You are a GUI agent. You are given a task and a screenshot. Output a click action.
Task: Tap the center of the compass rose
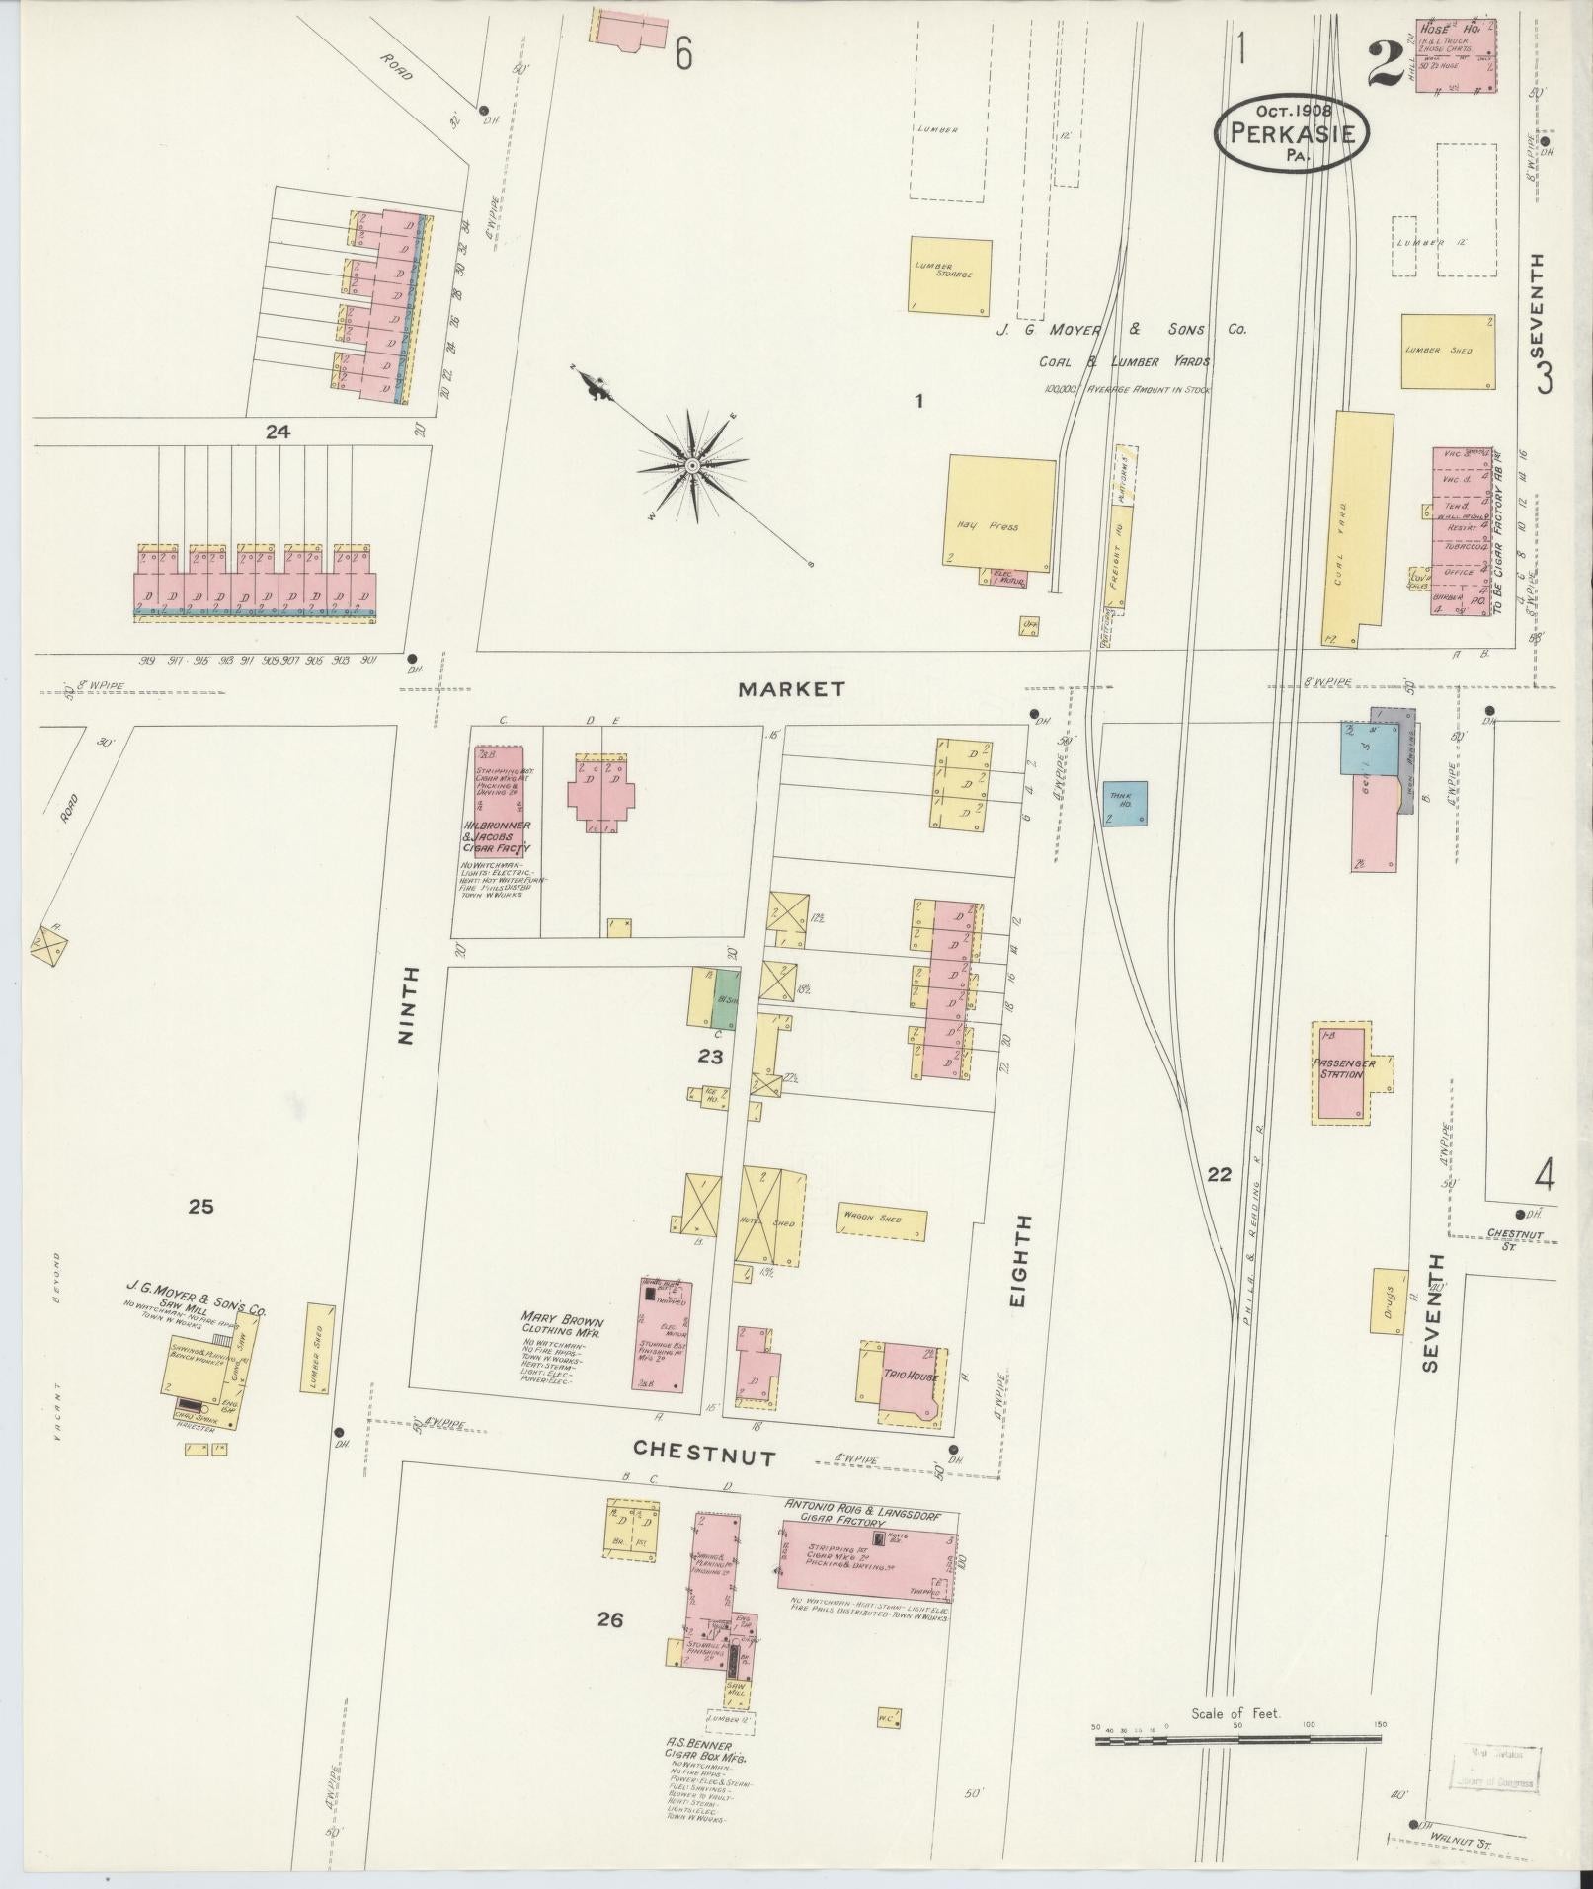click(693, 465)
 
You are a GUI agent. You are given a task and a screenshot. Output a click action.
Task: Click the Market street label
click(792, 688)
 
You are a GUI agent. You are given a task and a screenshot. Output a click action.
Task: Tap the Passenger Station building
click(1341, 1073)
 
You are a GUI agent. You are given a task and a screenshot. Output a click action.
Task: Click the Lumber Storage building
click(949, 275)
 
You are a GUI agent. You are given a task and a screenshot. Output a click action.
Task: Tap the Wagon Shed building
click(882, 1223)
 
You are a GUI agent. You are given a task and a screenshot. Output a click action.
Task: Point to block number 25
click(201, 1206)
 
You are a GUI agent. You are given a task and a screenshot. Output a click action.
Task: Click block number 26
click(610, 1619)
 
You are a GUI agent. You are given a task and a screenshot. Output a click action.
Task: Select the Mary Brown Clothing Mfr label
click(561, 1328)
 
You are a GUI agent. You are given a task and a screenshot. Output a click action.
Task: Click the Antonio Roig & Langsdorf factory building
click(867, 1576)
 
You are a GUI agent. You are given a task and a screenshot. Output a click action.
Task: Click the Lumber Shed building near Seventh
click(1447, 351)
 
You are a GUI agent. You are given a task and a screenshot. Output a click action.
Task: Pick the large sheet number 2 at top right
click(1385, 66)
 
